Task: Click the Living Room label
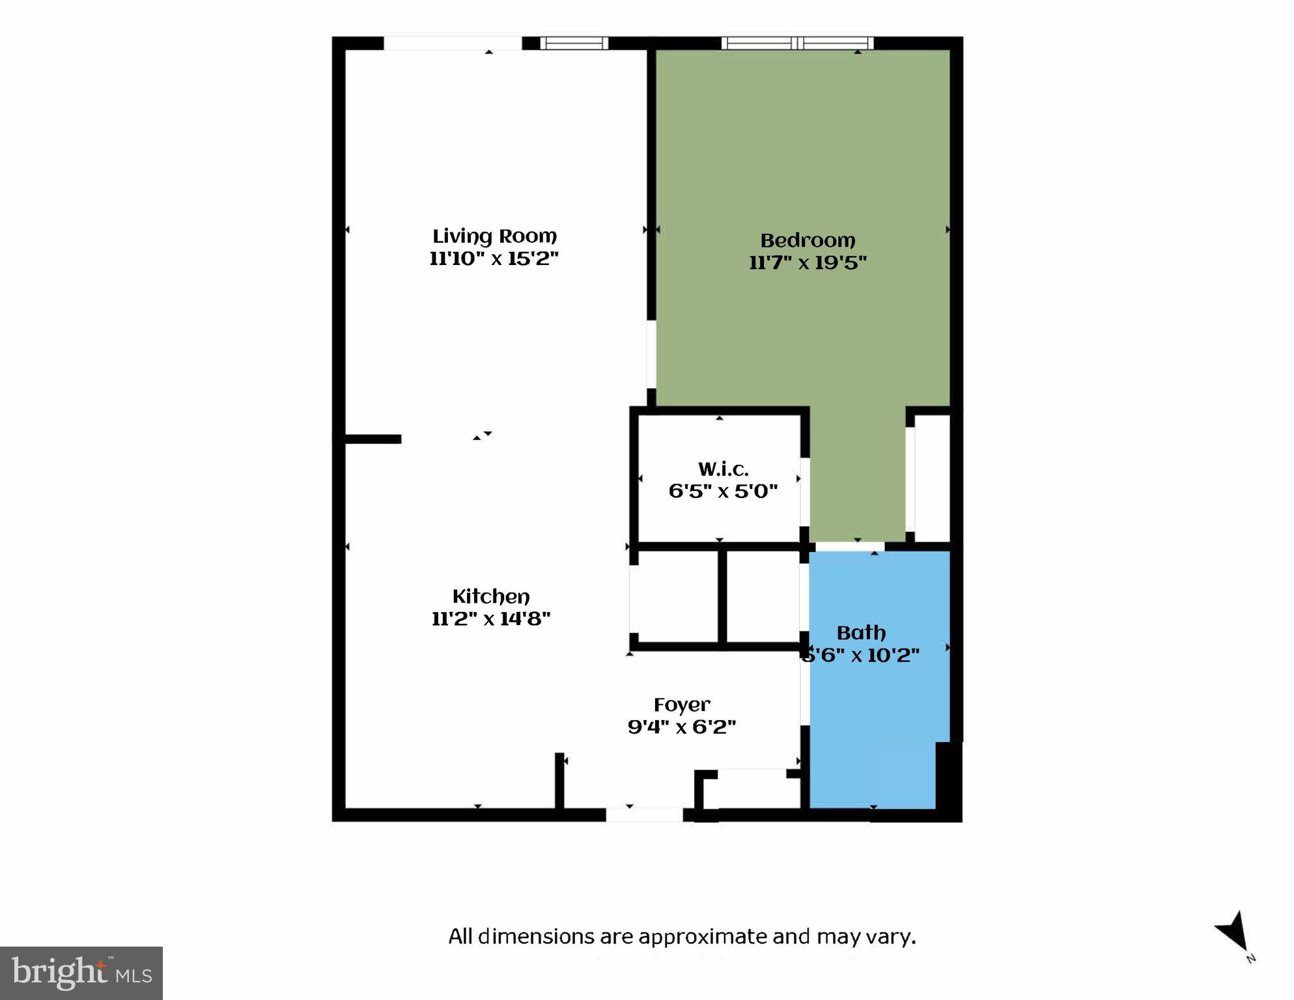pyautogui.click(x=494, y=236)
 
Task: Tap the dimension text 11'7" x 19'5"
pyautogui.click(x=808, y=262)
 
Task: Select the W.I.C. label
pyautogui.click(x=723, y=469)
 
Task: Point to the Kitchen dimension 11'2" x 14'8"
pyautogui.click(x=491, y=618)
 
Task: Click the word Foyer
pyautogui.click(x=682, y=705)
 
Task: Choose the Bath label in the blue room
pyautogui.click(x=861, y=633)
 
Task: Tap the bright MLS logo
pyautogui.click(x=81, y=973)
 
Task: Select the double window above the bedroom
pyautogui.click(x=798, y=44)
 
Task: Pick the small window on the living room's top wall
pyautogui.click(x=574, y=44)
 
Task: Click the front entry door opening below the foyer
pyautogui.click(x=644, y=814)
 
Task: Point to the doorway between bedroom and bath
pyautogui.click(x=849, y=546)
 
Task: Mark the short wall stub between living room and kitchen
pyautogui.click(x=372, y=439)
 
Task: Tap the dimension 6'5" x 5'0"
pyautogui.click(x=723, y=491)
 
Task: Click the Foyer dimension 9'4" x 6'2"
pyautogui.click(x=682, y=727)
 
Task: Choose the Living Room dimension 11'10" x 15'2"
pyautogui.click(x=494, y=258)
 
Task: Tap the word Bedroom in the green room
pyautogui.click(x=808, y=240)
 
